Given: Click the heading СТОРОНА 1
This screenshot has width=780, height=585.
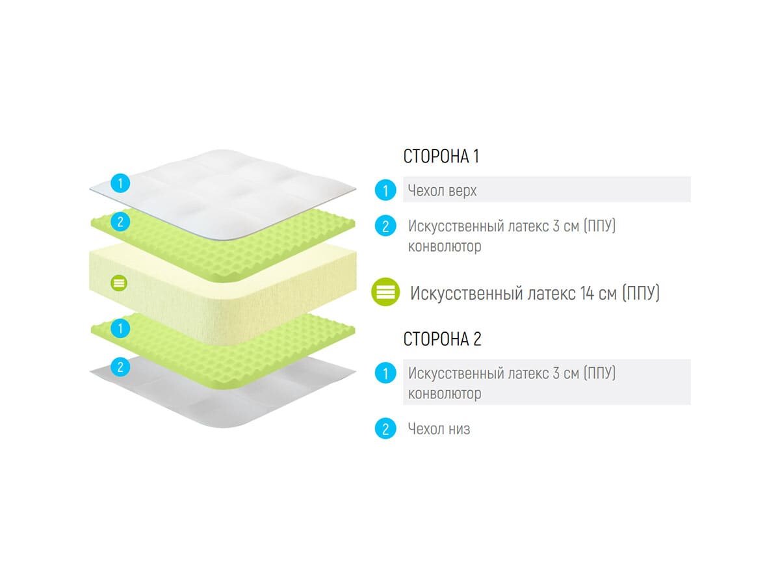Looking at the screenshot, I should pyautogui.click(x=441, y=157).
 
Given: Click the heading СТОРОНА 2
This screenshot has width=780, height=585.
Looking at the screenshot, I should pyautogui.click(x=442, y=339).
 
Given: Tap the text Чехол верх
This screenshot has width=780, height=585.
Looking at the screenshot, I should pyautogui.click(x=443, y=190).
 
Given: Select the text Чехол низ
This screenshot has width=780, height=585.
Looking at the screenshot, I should pyautogui.click(x=439, y=429).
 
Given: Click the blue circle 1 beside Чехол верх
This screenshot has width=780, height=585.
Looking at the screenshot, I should pyautogui.click(x=385, y=190).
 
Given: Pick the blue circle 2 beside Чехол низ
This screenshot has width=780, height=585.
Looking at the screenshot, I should pyautogui.click(x=385, y=429).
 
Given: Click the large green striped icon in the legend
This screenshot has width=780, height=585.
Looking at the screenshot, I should pyautogui.click(x=386, y=292).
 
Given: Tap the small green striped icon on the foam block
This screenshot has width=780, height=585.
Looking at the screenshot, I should pyautogui.click(x=119, y=283).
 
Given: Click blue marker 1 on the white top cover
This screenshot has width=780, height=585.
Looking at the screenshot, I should pyautogui.click(x=120, y=183).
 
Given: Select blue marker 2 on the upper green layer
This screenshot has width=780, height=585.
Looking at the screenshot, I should pyautogui.click(x=120, y=222).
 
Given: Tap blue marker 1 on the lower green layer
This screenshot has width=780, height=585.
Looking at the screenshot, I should pyautogui.click(x=120, y=328).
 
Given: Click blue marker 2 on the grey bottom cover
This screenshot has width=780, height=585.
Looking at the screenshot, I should pyautogui.click(x=120, y=367).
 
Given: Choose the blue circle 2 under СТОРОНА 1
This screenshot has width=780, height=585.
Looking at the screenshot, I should pyautogui.click(x=385, y=226).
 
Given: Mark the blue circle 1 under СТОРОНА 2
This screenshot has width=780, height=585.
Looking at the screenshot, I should pyautogui.click(x=385, y=373).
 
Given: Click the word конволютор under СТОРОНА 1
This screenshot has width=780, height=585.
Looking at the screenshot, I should pyautogui.click(x=445, y=247).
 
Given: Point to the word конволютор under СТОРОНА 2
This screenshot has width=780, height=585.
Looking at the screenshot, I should pyautogui.click(x=445, y=394).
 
